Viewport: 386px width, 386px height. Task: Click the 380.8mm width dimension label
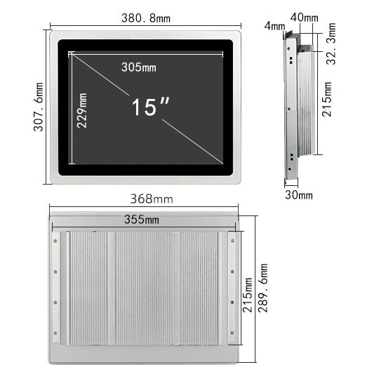(x=146, y=18)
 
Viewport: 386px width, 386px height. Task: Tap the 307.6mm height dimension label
(x=39, y=107)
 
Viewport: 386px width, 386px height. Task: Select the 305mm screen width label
(x=139, y=67)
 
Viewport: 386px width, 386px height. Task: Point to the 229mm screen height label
(x=82, y=110)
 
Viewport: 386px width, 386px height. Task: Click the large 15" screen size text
(x=151, y=107)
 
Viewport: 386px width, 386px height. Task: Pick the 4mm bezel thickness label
(x=274, y=26)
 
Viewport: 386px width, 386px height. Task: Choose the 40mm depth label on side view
(x=305, y=18)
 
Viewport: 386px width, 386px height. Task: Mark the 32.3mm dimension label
(x=331, y=44)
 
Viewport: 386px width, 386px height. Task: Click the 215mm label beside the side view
(x=327, y=99)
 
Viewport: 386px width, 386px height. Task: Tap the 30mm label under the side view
(x=299, y=195)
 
